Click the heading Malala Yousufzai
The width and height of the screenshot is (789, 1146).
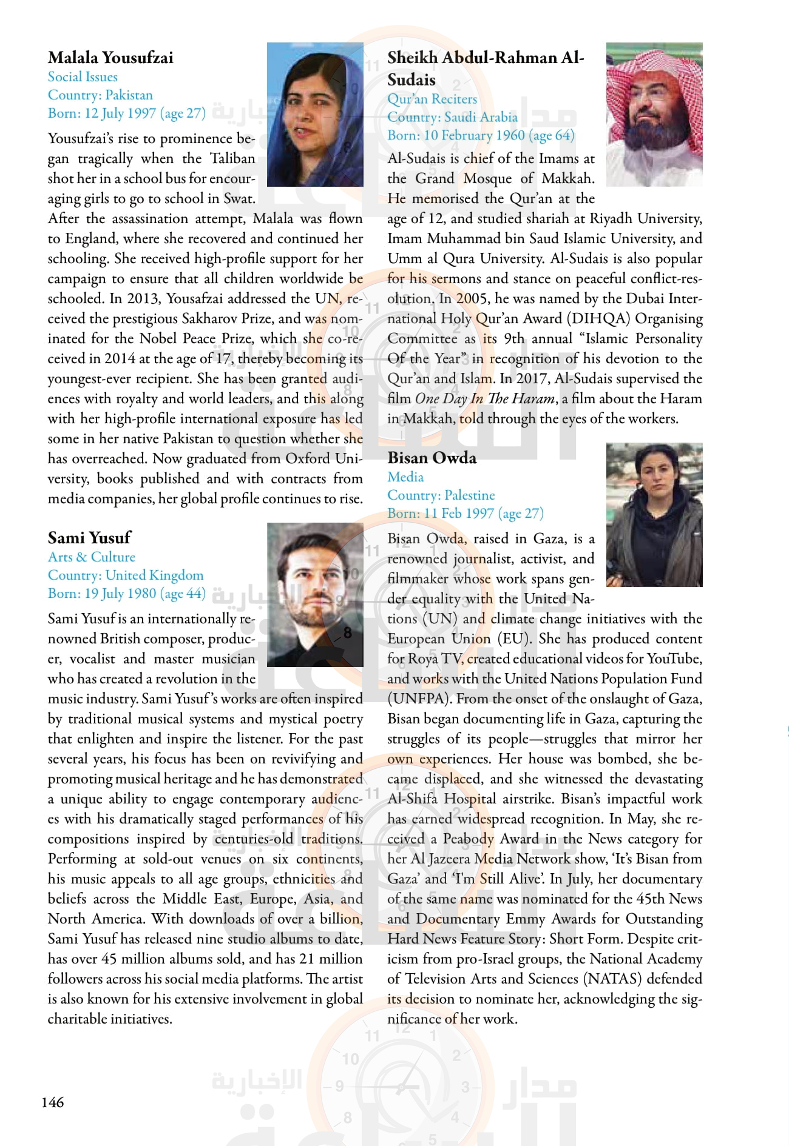[110, 58]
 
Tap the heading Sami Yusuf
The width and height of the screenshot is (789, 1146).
[89, 538]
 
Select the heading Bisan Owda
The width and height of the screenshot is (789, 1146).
[432, 458]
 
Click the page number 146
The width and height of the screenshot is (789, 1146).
[52, 1102]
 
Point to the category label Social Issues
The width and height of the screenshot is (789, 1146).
[83, 77]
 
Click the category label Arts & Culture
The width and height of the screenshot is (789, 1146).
[92, 557]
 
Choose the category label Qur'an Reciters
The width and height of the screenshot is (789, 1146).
[432, 99]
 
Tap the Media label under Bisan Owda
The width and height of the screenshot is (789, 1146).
[405, 477]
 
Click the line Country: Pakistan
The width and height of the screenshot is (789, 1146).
[100, 95]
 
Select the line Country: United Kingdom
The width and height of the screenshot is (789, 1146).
[126, 575]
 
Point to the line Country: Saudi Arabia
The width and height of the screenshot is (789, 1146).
[452, 117]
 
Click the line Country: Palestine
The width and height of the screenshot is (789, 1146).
[441, 495]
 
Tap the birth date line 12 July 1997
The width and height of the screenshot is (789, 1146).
[127, 113]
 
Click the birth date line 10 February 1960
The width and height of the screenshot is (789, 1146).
[481, 135]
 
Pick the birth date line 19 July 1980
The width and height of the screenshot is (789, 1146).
[127, 594]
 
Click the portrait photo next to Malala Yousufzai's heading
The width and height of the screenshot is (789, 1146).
[315, 114]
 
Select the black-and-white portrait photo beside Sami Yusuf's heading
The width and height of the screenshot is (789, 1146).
[315, 594]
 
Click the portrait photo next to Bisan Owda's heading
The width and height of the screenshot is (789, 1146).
[654, 514]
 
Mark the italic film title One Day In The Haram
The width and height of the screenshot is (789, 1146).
[485, 398]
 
